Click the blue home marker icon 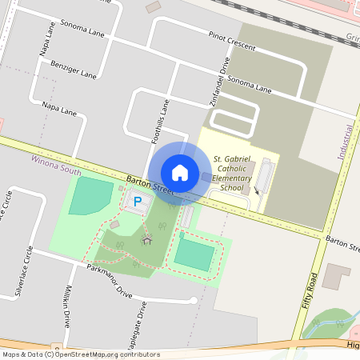pos(180,172)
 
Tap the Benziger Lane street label pos(74,70)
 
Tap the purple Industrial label pos(346,144)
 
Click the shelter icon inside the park pos(146,238)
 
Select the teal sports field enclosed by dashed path pos(194,254)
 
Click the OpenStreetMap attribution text pos(81,354)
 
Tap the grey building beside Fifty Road pos(337,277)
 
